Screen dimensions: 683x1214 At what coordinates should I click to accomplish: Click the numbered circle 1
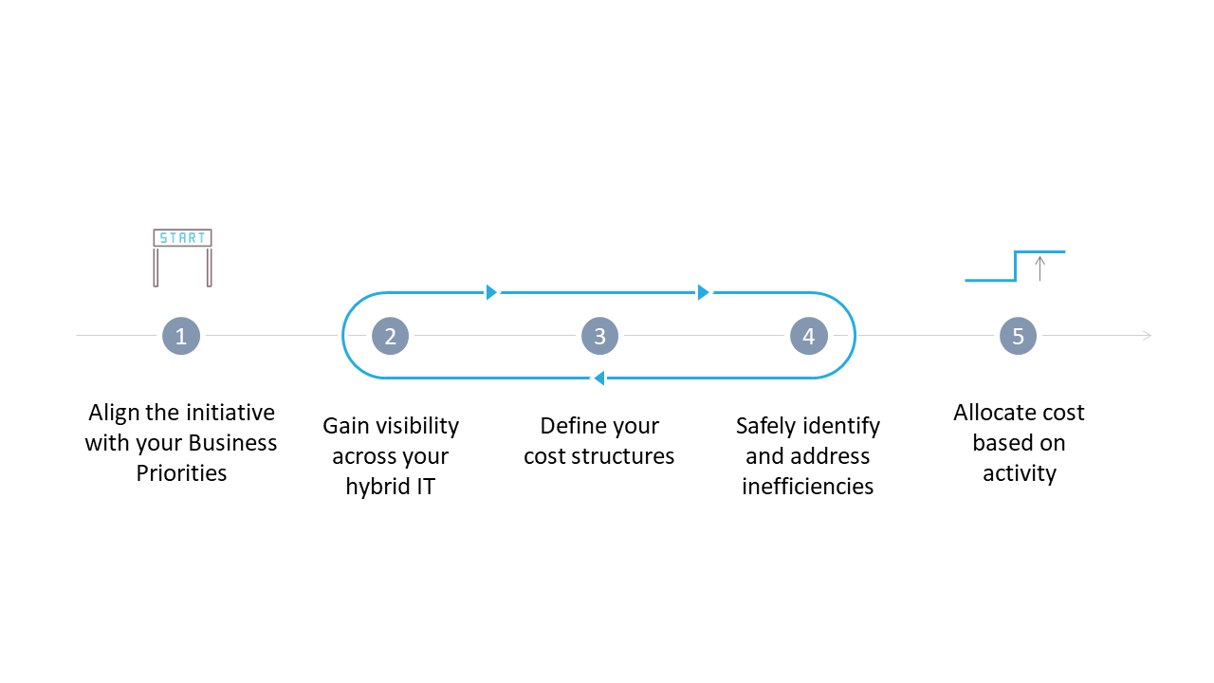pos(181,336)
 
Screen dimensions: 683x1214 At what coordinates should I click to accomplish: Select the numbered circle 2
pos(390,336)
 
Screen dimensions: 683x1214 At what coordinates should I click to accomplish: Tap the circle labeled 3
pos(599,336)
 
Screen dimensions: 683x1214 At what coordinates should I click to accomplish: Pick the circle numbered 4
pos(808,336)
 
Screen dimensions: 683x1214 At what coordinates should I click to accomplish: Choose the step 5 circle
pos(1018,336)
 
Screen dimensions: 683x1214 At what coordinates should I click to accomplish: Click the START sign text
pos(182,238)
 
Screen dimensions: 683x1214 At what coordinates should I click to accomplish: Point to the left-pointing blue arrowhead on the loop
pos(598,378)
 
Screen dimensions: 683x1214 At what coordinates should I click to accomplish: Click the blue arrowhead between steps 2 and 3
pos(491,292)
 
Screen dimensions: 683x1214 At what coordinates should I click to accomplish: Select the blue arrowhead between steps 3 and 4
pos(703,292)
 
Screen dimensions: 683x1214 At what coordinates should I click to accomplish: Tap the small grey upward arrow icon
pos(1039,268)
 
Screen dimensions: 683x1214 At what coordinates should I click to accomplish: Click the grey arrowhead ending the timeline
pos(1147,336)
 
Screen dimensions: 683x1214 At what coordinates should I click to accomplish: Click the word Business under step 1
pos(232,443)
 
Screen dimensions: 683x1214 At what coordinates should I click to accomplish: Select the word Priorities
pos(181,473)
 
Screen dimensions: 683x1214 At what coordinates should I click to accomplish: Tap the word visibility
pos(414,426)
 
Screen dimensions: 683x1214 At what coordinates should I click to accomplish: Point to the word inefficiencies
pos(807,487)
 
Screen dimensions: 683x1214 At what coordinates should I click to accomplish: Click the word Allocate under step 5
pos(995,413)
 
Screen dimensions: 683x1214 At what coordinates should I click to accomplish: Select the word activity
pos(1019,473)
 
